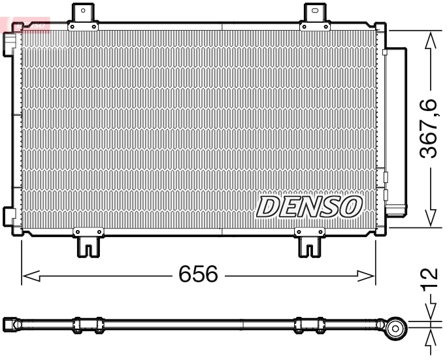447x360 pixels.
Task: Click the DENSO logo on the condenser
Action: pyautogui.click(x=309, y=206)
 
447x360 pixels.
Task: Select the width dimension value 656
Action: pyautogui.click(x=198, y=274)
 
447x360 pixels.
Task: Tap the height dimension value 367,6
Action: pyautogui.click(x=429, y=129)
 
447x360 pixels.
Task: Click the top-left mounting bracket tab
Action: pyautogui.click(x=83, y=13)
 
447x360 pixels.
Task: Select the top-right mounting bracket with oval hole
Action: pyautogui.click(x=315, y=12)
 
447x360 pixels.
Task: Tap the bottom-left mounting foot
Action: pyautogui.click(x=88, y=245)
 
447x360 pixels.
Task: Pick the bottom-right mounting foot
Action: pyautogui.click(x=310, y=245)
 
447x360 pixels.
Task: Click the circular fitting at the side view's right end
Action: pyautogui.click(x=393, y=328)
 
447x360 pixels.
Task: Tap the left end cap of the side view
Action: pyautogui.click(x=10, y=324)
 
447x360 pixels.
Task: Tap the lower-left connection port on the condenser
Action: pyautogui.click(x=9, y=214)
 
